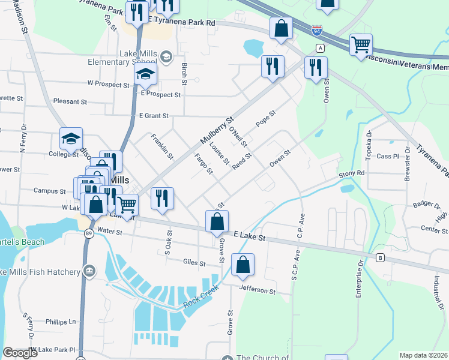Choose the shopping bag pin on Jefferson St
click(x=243, y=265)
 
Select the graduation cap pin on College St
click(x=71, y=139)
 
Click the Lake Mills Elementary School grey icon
click(x=166, y=58)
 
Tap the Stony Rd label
click(x=351, y=173)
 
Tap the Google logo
click(x=20, y=353)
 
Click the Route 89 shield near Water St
click(x=88, y=234)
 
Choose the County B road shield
click(x=380, y=259)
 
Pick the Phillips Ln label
click(x=64, y=322)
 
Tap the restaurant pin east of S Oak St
click(x=161, y=198)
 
